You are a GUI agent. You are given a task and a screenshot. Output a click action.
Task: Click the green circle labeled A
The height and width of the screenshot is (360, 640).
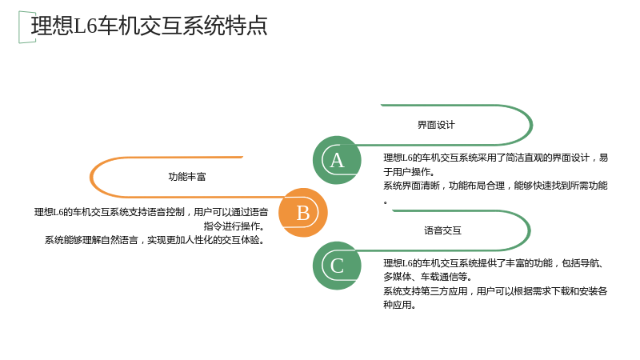[x=337, y=160]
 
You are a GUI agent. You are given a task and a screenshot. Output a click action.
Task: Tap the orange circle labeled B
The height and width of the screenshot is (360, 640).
[x=303, y=213]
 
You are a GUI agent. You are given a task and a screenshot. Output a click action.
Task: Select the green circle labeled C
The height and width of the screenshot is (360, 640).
[x=337, y=266]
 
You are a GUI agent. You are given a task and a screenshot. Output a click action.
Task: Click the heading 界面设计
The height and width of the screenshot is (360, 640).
[x=436, y=125]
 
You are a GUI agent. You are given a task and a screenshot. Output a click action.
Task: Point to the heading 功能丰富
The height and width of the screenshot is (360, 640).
[x=187, y=177]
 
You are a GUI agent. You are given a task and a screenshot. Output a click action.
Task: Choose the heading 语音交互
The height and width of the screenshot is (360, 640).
[x=442, y=230]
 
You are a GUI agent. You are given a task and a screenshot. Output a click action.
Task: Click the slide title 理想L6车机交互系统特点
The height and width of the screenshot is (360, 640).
[x=149, y=26]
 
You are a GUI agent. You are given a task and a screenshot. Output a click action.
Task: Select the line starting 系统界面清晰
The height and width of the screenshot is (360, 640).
[x=495, y=186]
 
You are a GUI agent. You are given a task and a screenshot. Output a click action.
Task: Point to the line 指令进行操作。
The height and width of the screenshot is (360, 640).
[x=234, y=226]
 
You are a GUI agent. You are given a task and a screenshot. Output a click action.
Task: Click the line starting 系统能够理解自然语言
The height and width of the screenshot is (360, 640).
[x=154, y=240]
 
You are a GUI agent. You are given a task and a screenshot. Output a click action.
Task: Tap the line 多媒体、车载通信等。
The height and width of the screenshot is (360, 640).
[x=428, y=277]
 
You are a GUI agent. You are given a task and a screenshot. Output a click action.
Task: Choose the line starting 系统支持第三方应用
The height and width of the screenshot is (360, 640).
[x=495, y=291]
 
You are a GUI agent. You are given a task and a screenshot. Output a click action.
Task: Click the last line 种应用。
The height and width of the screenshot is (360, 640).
[x=399, y=305]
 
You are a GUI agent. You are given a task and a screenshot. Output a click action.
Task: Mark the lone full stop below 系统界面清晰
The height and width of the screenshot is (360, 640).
[x=386, y=202]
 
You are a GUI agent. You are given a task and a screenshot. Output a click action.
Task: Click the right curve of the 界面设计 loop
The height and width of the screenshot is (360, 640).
[x=531, y=125]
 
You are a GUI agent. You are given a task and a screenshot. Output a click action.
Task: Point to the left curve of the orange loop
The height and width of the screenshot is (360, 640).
[x=91, y=177]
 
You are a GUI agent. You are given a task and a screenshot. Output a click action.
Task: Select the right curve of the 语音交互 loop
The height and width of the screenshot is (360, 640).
[x=529, y=230]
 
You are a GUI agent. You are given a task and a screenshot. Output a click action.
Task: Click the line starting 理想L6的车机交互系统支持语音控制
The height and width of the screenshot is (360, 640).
[x=151, y=212]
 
